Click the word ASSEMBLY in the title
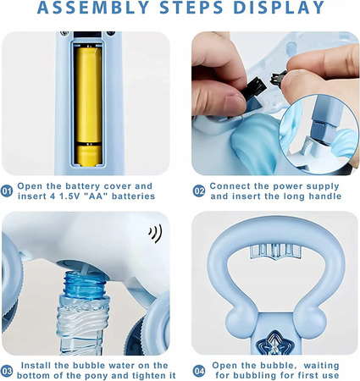click(93, 8)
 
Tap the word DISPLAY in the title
click(279, 8)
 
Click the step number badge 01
click(7, 191)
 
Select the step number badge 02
click(199, 191)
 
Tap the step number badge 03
click(7, 371)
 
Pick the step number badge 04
click(199, 371)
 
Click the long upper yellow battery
click(89, 95)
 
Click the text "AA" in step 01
click(96, 196)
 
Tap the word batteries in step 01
click(133, 196)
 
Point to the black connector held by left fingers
click(255, 88)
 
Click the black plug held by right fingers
click(278, 79)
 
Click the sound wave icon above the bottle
click(156, 234)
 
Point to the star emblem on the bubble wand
click(274, 343)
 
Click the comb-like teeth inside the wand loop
click(274, 251)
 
